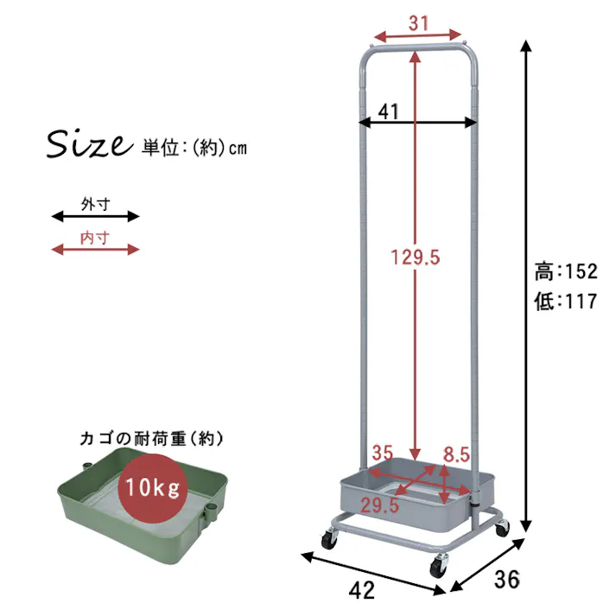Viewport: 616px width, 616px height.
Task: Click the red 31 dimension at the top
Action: coord(418,23)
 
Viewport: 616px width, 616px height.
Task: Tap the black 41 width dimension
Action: coord(388,111)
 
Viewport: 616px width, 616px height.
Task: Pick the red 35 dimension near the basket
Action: coord(383,453)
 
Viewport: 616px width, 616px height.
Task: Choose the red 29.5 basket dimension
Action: coord(380,506)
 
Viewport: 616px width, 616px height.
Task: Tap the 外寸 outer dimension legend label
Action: coord(95,205)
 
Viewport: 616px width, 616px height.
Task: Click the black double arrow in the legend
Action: coord(95,216)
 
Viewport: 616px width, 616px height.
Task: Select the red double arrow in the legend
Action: coord(95,250)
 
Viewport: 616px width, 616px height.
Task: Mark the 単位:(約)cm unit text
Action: coord(194,148)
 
